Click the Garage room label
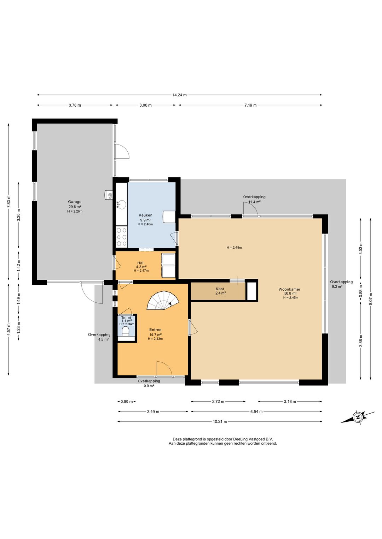[x=75, y=202]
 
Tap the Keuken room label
[x=145, y=215]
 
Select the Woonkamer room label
[x=289, y=289]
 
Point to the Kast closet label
[x=220, y=289]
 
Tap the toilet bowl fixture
[x=126, y=332]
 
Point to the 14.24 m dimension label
[x=179, y=95]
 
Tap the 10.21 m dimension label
[x=219, y=421]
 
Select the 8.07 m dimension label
[x=371, y=298]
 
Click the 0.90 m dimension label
[x=127, y=401]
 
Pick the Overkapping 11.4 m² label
[x=254, y=199]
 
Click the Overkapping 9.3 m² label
[x=341, y=284]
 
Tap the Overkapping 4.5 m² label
[x=99, y=337]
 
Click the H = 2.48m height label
[x=234, y=247]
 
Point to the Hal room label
[x=140, y=263]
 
